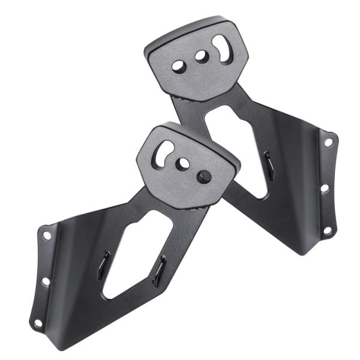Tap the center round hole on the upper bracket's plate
pyautogui.click(x=200, y=57)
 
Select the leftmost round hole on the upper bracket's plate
pyautogui.click(x=179, y=67)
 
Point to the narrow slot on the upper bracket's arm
pyautogui.click(x=269, y=165)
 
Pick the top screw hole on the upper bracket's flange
pyautogui.click(x=328, y=142)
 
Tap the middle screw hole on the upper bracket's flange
pyautogui.click(x=325, y=188)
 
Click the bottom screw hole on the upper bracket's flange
pyautogui.click(x=327, y=230)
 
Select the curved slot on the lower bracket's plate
pyautogui.click(x=162, y=154)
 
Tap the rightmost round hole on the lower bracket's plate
pyautogui.click(x=204, y=176)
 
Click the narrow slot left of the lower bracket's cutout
pyautogui.click(x=104, y=265)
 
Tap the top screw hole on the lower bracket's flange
pyautogui.click(x=47, y=235)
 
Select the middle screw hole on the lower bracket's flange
pyautogui.click(x=45, y=280)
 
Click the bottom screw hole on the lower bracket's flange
pyautogui.click(x=38, y=323)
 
